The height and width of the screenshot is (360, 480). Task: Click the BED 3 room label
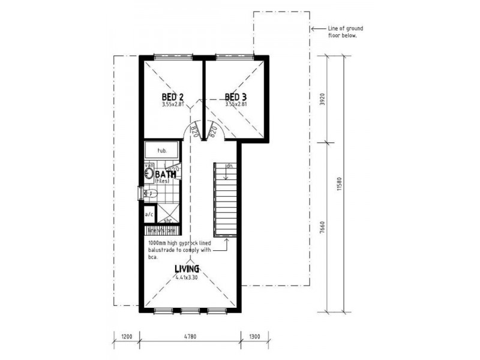coord(236,97)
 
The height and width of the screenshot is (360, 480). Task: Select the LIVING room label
coord(187,269)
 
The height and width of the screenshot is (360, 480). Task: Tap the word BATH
coord(166,174)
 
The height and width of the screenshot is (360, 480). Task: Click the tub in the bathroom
coord(161,150)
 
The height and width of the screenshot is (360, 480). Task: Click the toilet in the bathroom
coord(149,193)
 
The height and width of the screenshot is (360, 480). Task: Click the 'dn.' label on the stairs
coord(229,166)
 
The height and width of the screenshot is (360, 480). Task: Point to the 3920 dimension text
coord(322,99)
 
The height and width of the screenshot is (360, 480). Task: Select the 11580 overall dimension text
coord(340,182)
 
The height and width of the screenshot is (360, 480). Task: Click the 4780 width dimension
coord(190,337)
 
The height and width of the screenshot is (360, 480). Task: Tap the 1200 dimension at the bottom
coord(126,337)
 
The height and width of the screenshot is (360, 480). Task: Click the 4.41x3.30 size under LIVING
coord(187,277)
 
